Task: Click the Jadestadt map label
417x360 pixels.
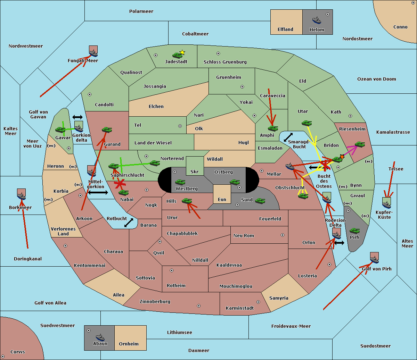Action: [176, 62]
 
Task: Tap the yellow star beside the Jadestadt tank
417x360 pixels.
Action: [182, 52]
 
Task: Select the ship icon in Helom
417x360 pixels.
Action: [317, 20]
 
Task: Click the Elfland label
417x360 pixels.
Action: [285, 30]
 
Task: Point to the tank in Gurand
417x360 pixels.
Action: [107, 130]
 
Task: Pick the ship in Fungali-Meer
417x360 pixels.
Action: [93, 52]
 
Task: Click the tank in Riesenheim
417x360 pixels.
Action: [360, 144]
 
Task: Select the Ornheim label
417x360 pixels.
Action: [129, 344]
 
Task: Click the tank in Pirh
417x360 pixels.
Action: [354, 231]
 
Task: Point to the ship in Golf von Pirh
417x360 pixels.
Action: [374, 259]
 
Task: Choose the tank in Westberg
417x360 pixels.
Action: [180, 182]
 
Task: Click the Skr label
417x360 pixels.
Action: [194, 172]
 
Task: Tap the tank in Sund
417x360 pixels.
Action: [260, 201]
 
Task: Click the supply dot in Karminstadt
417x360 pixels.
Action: [258, 302]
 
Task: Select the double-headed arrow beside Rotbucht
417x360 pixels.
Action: [129, 223]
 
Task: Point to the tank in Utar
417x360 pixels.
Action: [306, 123]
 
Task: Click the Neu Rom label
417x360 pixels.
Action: [244, 236]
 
